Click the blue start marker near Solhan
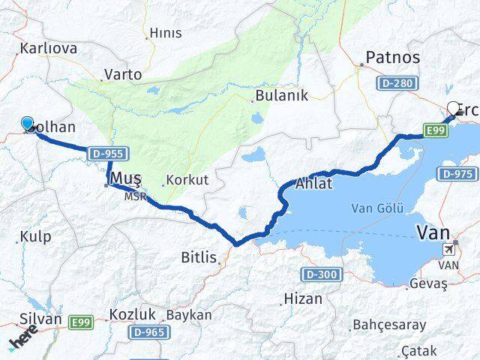(28, 124)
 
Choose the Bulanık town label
(281, 95)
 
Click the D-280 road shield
(396, 83)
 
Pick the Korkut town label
(188, 180)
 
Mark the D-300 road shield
(319, 274)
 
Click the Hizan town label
(303, 298)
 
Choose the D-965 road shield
(148, 331)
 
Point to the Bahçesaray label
(388, 325)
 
